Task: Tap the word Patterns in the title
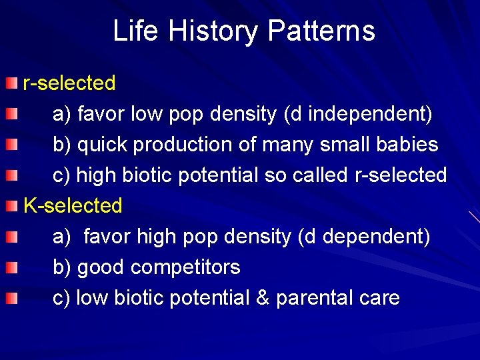pos(321,31)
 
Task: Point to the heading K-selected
pos(73,206)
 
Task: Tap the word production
pos(188,145)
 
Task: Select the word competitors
pos(185,267)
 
